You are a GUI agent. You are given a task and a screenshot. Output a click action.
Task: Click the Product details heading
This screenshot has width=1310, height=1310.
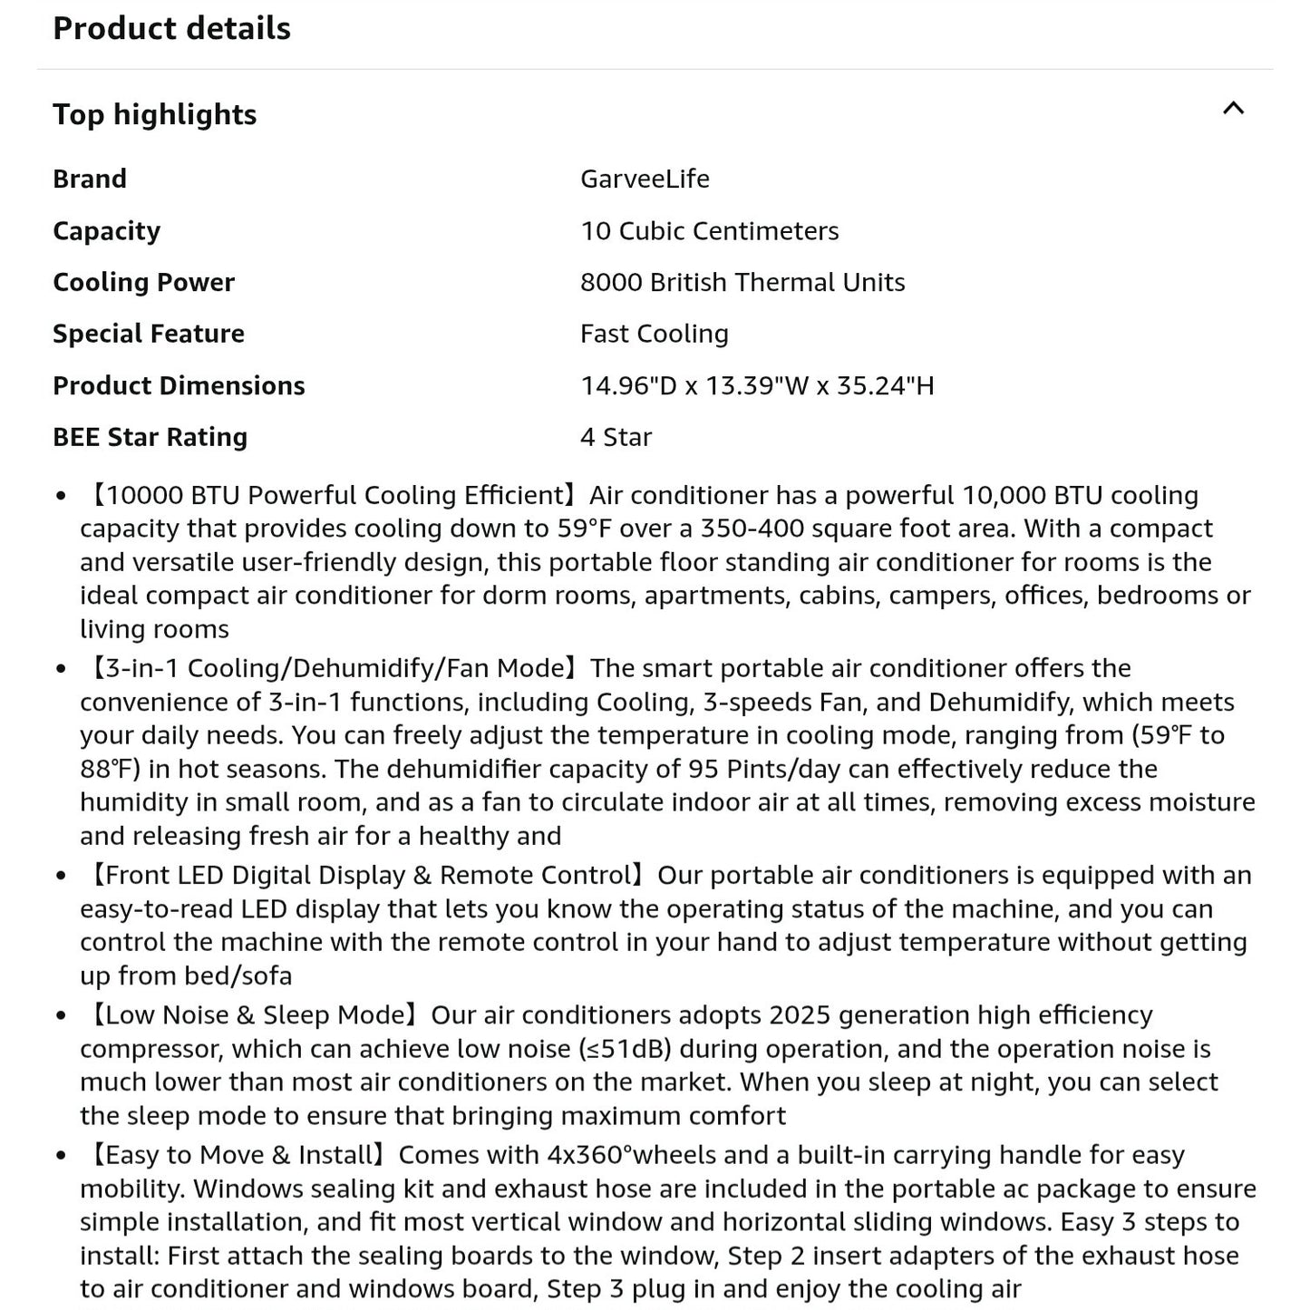(x=171, y=28)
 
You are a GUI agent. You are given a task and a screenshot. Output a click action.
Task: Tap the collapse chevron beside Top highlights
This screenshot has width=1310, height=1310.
(x=1233, y=109)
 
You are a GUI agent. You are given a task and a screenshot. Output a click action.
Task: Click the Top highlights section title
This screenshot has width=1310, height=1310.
(x=154, y=114)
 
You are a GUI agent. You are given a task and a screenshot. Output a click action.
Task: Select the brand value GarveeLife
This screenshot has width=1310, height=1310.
(x=645, y=179)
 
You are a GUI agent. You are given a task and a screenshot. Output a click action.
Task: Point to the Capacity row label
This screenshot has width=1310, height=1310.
(x=106, y=230)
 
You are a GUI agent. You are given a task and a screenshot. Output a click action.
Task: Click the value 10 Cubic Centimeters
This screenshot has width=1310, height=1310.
(x=709, y=230)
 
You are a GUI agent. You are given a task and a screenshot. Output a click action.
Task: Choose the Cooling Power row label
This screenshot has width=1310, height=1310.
(x=143, y=282)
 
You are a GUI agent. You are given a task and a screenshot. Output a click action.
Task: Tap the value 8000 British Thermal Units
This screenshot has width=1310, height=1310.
(x=742, y=282)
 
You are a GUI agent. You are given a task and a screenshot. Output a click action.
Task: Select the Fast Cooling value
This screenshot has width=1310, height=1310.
(x=654, y=334)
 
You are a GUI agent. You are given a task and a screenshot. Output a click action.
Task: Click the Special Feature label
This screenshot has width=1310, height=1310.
(x=148, y=334)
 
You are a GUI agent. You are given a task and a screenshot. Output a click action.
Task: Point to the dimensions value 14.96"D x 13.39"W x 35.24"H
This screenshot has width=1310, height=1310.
(x=756, y=385)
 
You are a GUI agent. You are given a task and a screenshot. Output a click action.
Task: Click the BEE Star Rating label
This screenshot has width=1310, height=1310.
(x=150, y=437)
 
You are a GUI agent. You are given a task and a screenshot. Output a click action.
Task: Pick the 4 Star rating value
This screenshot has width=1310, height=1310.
(x=616, y=437)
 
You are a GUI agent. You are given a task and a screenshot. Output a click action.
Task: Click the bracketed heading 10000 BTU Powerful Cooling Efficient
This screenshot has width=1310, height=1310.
(x=331, y=495)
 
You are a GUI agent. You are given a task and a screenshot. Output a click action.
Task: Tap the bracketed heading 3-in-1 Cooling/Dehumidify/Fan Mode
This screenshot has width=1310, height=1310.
(x=331, y=668)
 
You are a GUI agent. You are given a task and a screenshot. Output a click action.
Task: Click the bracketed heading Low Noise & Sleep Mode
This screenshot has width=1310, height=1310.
(x=251, y=1014)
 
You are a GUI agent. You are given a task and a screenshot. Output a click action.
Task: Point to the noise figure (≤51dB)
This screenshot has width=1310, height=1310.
(x=625, y=1049)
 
